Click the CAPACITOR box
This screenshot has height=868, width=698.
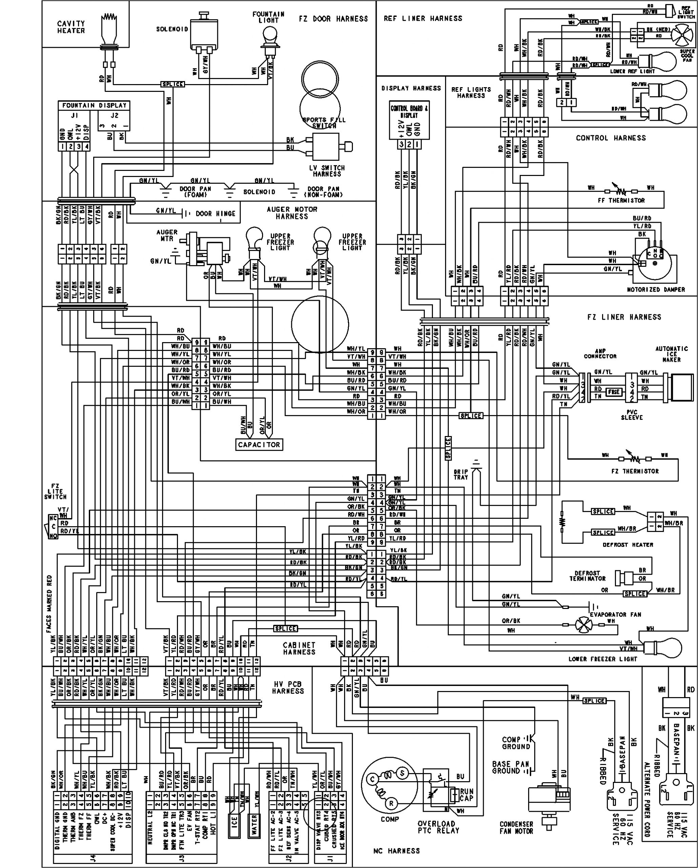[259, 445]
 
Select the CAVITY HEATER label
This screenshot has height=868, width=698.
[71, 27]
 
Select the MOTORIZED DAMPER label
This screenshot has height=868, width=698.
[656, 290]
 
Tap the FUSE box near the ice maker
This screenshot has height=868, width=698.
[614, 391]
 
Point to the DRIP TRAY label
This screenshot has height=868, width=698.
[461, 474]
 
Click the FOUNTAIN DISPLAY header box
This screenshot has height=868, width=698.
[94, 105]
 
